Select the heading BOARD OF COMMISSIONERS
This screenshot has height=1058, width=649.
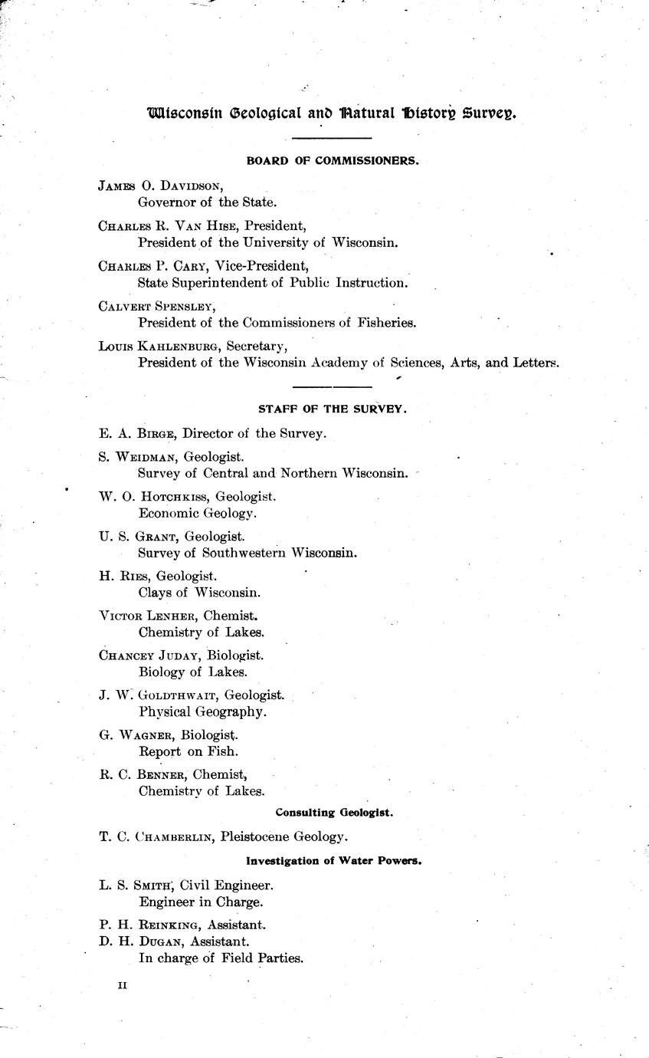tap(332, 161)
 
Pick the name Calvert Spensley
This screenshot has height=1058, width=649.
tap(156, 306)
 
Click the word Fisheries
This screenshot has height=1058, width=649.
tap(384, 323)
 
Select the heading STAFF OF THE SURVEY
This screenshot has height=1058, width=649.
tap(332, 409)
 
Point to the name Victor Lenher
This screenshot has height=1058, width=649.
tap(148, 616)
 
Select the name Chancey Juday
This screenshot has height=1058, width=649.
tap(151, 655)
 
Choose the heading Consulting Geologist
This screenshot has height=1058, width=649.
tap(334, 812)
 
